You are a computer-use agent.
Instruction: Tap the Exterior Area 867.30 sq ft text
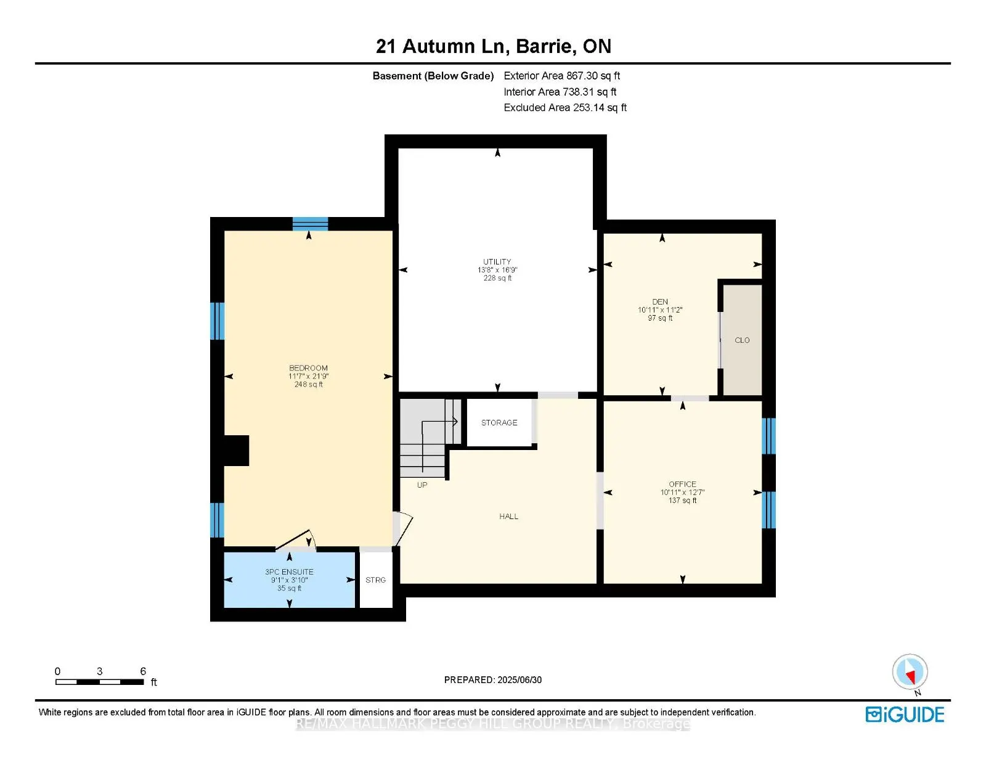coord(561,76)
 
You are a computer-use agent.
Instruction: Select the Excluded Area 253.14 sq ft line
coord(564,108)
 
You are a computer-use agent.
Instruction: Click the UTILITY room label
coord(497,262)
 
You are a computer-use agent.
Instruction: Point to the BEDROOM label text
coord(308,368)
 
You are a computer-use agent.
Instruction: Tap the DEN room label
coord(660,302)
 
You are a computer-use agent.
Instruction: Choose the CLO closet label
coord(742,340)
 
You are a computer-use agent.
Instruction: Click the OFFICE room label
coord(682,485)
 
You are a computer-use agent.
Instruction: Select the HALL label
coord(508,517)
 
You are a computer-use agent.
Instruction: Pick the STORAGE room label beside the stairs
coord(499,423)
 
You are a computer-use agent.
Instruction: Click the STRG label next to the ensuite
coord(375,580)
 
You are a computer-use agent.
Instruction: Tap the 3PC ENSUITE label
coord(289,572)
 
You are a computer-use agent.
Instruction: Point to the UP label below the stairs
coord(422,485)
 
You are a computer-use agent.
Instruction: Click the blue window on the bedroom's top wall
coord(310,223)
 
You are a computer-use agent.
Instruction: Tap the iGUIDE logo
coord(905,715)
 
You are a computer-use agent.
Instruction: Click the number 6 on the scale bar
coord(143,671)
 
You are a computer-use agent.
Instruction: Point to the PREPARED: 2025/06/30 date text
coord(493,680)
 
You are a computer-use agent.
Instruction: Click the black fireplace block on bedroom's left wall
coord(236,451)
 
